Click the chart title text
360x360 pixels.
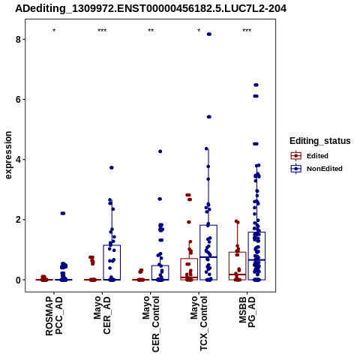coord(151,8)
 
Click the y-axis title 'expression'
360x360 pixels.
coord(8,155)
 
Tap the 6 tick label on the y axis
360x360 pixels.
coord(18,99)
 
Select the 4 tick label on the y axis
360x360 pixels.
coord(18,160)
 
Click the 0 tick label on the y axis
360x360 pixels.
coord(18,280)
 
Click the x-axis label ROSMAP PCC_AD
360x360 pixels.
coord(54,316)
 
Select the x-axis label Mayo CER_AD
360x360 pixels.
coord(102,315)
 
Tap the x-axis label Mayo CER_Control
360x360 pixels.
coord(151,324)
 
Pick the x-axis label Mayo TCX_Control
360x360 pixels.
coord(199,323)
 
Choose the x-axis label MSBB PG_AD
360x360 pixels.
coord(247,312)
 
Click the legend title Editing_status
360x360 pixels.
coord(320,141)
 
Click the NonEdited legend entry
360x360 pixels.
coord(316,169)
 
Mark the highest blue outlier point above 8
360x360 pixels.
coord(209,34)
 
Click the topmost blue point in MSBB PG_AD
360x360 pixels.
coord(256,85)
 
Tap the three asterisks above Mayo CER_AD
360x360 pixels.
coord(102,31)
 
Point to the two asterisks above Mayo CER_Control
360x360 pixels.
coord(151,31)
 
